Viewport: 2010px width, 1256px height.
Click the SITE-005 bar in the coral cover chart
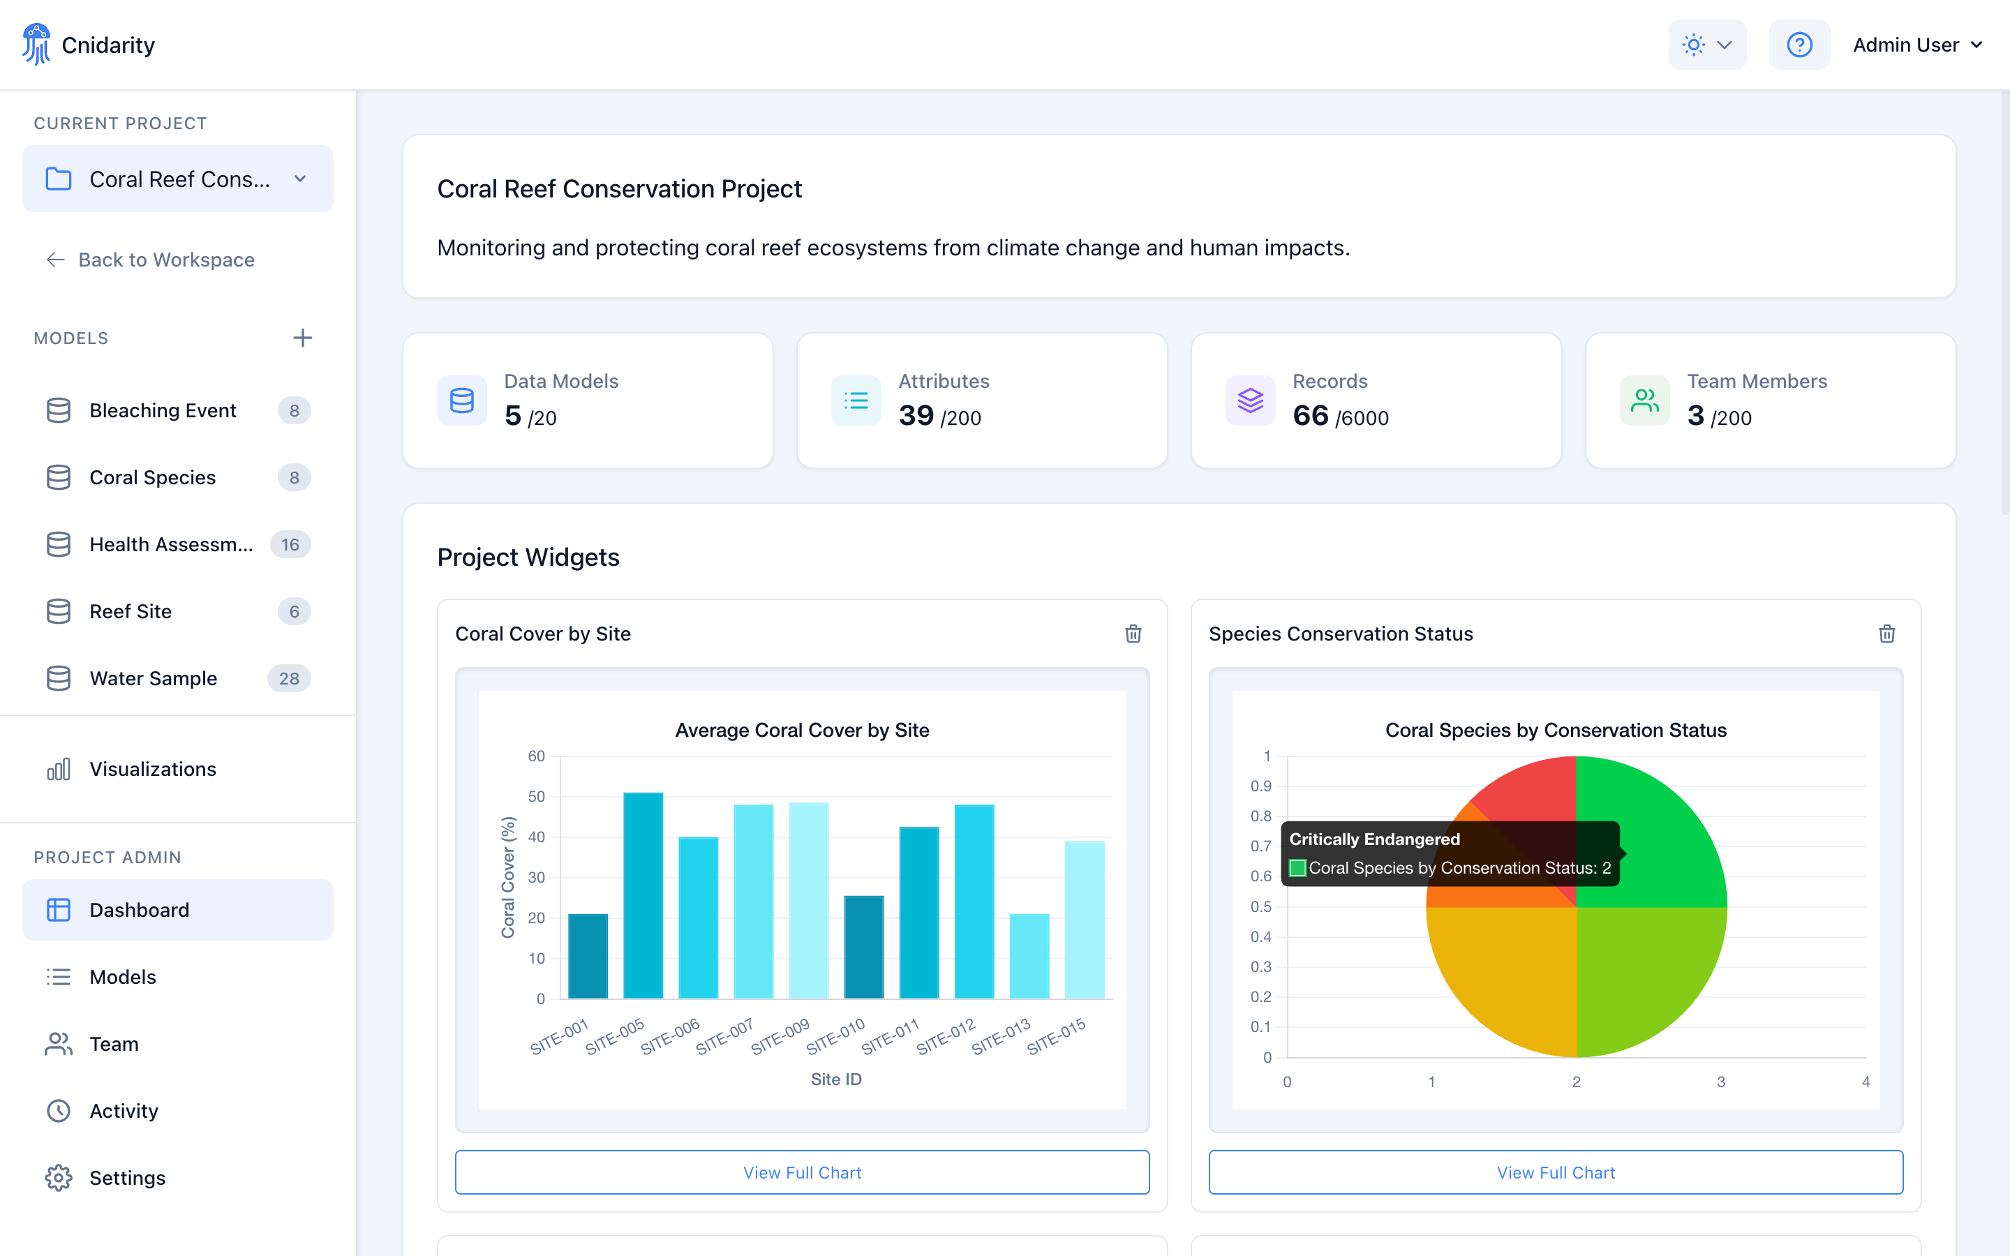(x=643, y=895)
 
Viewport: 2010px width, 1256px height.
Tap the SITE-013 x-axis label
(x=1001, y=1036)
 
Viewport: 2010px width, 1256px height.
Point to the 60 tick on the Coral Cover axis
(x=537, y=756)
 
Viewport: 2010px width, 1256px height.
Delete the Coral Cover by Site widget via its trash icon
(x=1133, y=634)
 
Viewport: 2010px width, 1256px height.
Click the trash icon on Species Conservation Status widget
(x=1886, y=634)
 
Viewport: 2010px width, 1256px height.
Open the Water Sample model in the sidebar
(x=154, y=679)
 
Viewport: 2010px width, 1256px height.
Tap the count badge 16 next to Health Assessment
(x=290, y=545)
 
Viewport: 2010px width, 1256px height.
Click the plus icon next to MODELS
(x=302, y=338)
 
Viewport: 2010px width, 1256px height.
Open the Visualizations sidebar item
(x=153, y=769)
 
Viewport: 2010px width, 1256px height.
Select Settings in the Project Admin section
(x=127, y=1178)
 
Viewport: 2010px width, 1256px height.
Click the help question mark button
(x=1799, y=45)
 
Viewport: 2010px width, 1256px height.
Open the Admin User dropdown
(x=1917, y=45)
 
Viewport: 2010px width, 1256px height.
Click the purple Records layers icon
(x=1250, y=401)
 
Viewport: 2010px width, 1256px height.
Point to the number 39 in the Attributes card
(x=916, y=415)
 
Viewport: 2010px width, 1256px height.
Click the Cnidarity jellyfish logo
(x=36, y=44)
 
